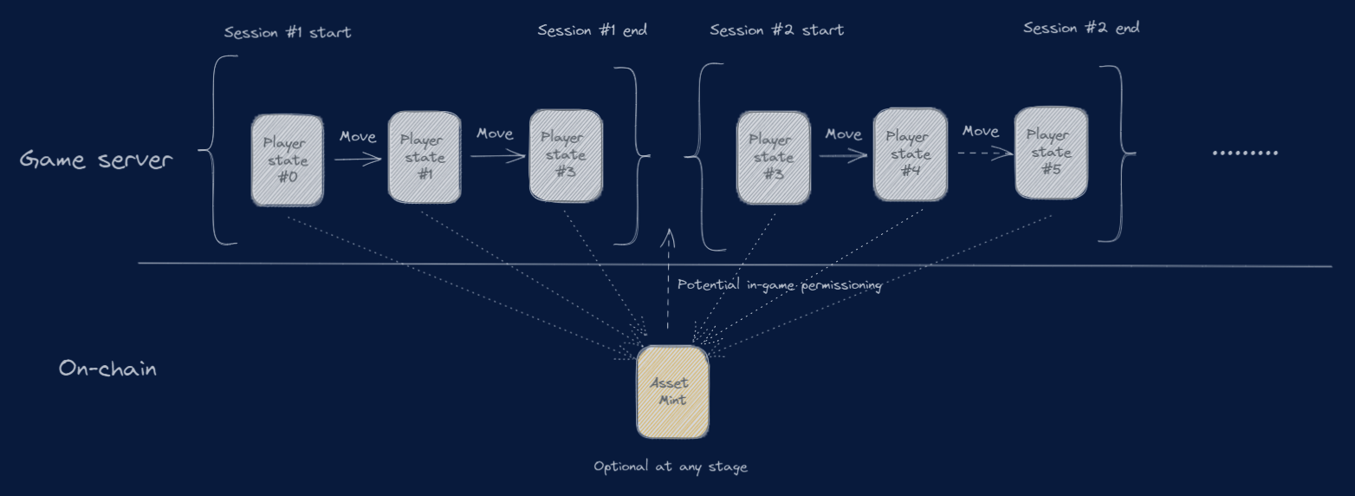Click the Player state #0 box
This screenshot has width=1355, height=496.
point(287,160)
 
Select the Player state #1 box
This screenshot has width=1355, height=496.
point(425,157)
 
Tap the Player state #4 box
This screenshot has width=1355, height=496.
point(910,154)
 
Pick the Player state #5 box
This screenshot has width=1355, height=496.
point(1051,153)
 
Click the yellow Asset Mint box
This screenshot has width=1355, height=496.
point(673,392)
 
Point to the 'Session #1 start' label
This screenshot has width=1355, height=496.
point(288,33)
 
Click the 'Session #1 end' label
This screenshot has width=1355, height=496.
point(592,30)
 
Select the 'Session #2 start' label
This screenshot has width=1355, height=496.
point(776,30)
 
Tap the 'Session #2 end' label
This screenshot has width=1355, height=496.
point(1080,28)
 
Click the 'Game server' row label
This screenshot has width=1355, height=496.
point(96,160)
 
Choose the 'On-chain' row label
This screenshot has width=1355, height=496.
point(107,369)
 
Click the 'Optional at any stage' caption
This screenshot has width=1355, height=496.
point(670,467)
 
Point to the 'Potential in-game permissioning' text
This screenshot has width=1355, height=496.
point(780,284)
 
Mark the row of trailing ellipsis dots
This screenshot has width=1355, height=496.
point(1244,153)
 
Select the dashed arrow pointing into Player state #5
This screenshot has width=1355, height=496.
point(985,153)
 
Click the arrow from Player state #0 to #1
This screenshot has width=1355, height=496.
point(358,159)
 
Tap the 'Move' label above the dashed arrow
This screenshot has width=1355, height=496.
point(981,132)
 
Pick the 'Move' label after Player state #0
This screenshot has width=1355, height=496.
point(358,137)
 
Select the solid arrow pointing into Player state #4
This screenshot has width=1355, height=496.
point(843,156)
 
